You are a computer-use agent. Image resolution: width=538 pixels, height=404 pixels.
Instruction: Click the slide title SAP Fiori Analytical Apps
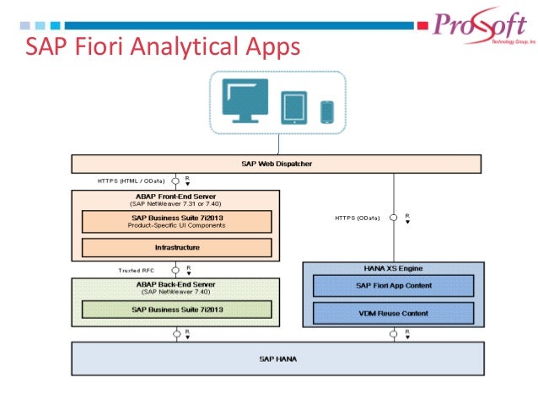pyautogui.click(x=161, y=46)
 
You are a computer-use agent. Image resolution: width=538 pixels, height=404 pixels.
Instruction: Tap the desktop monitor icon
pyautogui.click(x=246, y=103)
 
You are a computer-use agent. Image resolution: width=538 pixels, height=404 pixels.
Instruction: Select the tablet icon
pyautogui.click(x=293, y=107)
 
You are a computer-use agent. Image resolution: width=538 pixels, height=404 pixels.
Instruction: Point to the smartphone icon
pyautogui.click(x=326, y=110)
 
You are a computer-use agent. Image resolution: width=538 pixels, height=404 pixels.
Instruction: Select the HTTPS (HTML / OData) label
pyautogui.click(x=131, y=180)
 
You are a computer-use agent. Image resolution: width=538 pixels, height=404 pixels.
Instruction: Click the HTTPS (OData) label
pyautogui.click(x=357, y=218)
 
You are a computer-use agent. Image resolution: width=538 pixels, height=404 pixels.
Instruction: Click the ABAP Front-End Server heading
pyautogui.click(x=175, y=195)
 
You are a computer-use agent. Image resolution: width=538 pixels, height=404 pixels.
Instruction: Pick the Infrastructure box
pyautogui.click(x=176, y=247)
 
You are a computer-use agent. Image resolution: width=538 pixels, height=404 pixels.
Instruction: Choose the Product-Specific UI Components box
pyautogui.click(x=176, y=221)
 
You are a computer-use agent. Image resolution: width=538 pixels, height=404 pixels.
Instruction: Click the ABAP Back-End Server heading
pyautogui.click(x=175, y=284)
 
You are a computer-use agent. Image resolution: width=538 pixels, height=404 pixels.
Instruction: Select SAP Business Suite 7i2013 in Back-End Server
pyautogui.click(x=176, y=310)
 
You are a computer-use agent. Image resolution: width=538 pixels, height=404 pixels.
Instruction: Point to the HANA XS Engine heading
pyautogui.click(x=393, y=267)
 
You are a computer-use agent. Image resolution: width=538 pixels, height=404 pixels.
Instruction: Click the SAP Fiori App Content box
pyautogui.click(x=393, y=286)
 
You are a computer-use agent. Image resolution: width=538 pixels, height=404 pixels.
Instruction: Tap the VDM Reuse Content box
pyautogui.click(x=393, y=313)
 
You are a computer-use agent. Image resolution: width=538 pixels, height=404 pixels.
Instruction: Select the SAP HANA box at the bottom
pyautogui.click(x=277, y=358)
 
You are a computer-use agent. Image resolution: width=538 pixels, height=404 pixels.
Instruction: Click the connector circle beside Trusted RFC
pyautogui.click(x=175, y=270)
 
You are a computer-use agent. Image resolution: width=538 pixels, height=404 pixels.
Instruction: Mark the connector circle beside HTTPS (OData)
pyautogui.click(x=393, y=218)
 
